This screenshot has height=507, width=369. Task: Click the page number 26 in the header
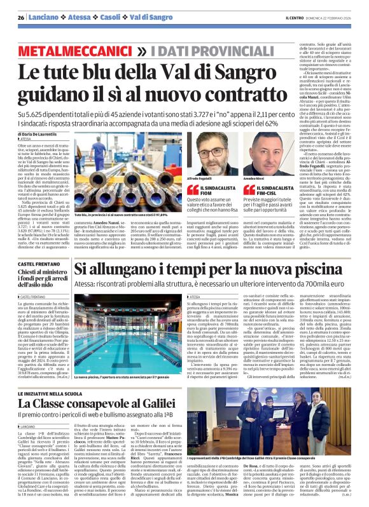point(21,18)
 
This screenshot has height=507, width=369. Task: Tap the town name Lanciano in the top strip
point(43,18)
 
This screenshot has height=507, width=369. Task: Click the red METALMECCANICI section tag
point(73,49)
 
